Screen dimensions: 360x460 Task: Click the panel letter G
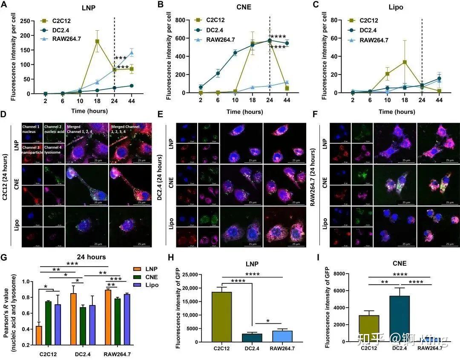(x=4, y=258)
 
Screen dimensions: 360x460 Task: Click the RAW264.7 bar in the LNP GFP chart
(x=279, y=336)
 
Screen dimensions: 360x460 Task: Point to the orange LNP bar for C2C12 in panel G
(x=39, y=335)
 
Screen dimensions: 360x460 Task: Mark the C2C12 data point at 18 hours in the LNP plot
(x=97, y=41)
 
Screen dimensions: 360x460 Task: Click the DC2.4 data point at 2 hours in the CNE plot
(x=201, y=87)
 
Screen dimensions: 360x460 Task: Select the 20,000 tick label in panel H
(x=198, y=288)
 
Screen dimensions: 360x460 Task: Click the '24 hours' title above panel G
(x=91, y=257)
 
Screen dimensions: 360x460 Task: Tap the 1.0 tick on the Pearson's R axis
(x=27, y=282)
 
